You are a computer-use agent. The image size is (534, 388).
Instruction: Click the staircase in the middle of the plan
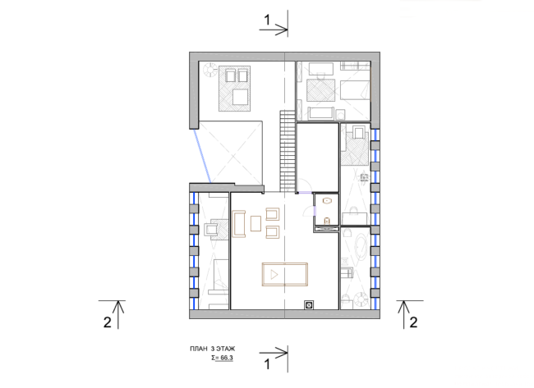pyautogui.click(x=288, y=151)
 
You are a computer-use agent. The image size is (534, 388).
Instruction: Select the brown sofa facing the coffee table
pyautogui.click(x=239, y=224)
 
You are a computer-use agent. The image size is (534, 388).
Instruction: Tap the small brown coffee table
pyautogui.click(x=255, y=223)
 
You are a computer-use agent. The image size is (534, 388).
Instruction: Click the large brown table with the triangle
pyautogui.click(x=285, y=275)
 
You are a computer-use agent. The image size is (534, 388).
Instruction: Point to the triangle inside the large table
pyautogui.click(x=274, y=275)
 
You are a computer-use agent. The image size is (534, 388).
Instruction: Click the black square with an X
pyautogui.click(x=309, y=305)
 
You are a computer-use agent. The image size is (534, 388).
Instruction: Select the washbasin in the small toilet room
pyautogui.click(x=327, y=201)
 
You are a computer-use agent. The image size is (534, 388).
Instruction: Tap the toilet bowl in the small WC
pyautogui.click(x=327, y=221)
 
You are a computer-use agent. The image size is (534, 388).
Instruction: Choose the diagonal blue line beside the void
pyautogui.click(x=202, y=156)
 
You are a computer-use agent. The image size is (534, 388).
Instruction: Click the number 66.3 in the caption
pyautogui.click(x=227, y=358)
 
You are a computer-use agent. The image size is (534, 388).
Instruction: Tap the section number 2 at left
pyautogui.click(x=108, y=322)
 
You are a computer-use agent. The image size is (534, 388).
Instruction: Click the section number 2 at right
pyautogui.click(x=413, y=322)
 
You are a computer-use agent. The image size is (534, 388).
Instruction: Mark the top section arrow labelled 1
pyautogui.click(x=274, y=30)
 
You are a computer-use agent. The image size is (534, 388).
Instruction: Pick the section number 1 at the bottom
pyautogui.click(x=267, y=364)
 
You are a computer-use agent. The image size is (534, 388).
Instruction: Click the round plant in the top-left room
pyautogui.click(x=209, y=70)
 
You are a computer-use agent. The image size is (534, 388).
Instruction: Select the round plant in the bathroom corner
pyautogui.click(x=361, y=299)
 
